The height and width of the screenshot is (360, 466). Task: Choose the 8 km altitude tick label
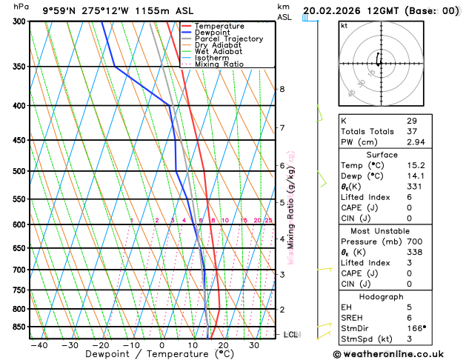282,89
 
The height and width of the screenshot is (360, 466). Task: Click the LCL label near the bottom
291,335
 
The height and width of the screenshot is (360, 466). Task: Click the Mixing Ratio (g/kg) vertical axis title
291,207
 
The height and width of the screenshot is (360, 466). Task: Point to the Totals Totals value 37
411,131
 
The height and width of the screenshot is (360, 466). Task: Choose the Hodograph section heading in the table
382,296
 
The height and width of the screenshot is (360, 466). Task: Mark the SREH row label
353,317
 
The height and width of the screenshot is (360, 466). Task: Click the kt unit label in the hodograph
344,26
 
